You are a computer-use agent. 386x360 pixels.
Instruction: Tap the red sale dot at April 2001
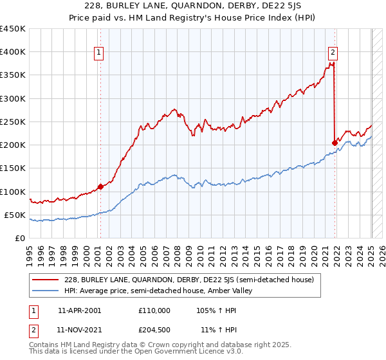click(100, 187)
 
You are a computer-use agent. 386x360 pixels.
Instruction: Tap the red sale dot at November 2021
click(335, 143)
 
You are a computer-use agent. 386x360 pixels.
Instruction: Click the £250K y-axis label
click(13, 122)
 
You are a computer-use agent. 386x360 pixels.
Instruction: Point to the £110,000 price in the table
click(154, 310)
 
